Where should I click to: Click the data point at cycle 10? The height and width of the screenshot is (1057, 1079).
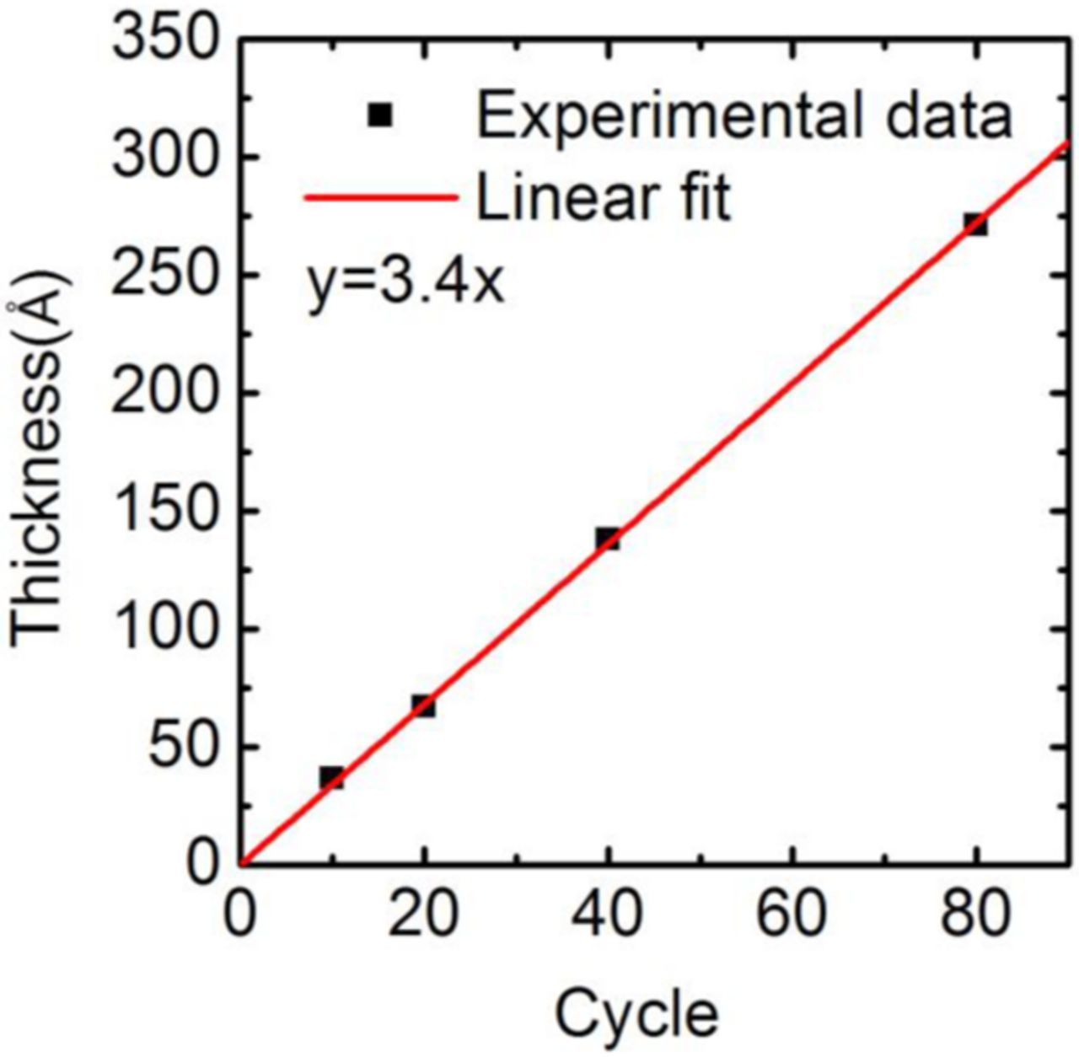[x=331, y=777]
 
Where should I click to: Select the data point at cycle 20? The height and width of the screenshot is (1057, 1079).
[x=423, y=706]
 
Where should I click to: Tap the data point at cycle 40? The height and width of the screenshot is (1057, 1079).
[x=607, y=539]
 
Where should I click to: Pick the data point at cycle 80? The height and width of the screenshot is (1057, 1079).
[x=975, y=224]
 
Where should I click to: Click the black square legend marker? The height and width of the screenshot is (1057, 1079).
[x=381, y=115]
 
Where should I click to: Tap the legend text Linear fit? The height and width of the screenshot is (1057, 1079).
[x=603, y=199]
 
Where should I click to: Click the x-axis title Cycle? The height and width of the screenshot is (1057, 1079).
[x=637, y=1013]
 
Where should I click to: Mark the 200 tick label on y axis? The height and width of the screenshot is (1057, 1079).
[x=165, y=393]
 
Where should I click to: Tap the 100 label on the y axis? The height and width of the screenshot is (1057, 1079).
[x=165, y=629]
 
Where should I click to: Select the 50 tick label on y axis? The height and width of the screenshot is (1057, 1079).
[x=183, y=747]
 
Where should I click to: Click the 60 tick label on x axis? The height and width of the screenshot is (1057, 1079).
[x=791, y=915]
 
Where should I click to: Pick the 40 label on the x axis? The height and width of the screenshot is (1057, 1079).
[x=607, y=915]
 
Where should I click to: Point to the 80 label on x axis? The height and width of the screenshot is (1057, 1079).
[x=975, y=915]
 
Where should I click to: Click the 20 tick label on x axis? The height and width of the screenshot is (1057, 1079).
[x=423, y=915]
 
